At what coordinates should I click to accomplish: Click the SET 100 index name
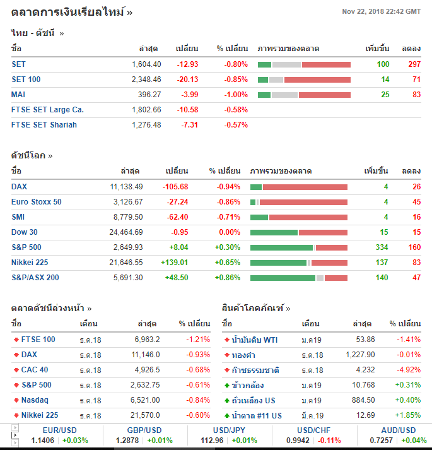click(x=26, y=80)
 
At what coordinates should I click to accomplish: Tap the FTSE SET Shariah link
click(x=44, y=125)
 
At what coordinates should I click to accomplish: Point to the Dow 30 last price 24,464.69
click(x=126, y=232)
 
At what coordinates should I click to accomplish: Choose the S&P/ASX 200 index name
click(x=35, y=278)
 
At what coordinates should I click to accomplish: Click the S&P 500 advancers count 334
click(x=381, y=247)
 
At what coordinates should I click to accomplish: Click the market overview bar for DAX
click(x=298, y=187)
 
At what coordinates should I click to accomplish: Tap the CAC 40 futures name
click(x=35, y=370)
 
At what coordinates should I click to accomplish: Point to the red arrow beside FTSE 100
click(x=16, y=340)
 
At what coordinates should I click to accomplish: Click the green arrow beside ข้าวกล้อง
click(x=226, y=385)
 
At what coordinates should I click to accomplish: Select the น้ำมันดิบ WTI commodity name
click(x=255, y=340)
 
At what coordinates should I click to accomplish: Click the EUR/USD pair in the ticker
click(x=44, y=430)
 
